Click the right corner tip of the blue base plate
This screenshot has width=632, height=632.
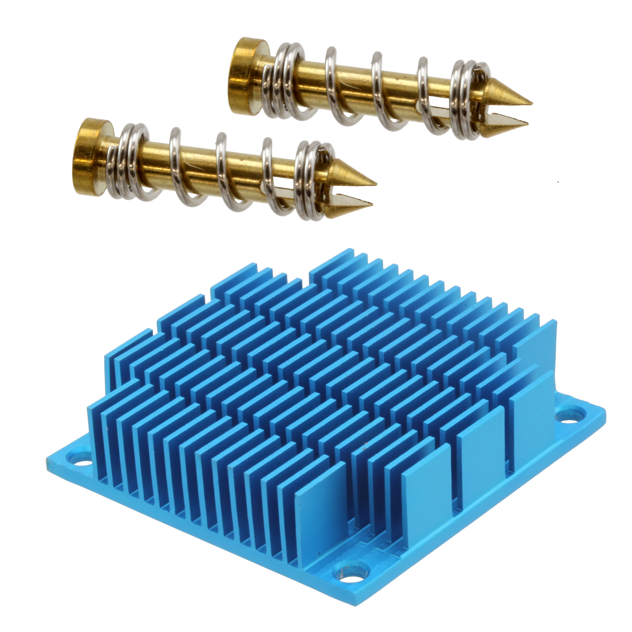(604, 415)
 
